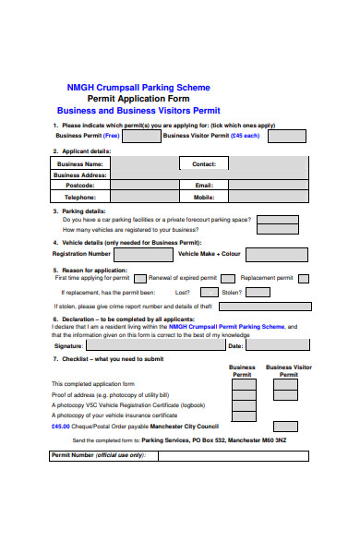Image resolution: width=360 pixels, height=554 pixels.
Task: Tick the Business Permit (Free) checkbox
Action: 140,136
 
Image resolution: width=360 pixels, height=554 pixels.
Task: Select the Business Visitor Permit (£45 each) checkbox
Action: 287,136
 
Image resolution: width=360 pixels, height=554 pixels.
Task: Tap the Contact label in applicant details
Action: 203,163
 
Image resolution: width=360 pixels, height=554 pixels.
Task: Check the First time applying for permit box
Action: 139,278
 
